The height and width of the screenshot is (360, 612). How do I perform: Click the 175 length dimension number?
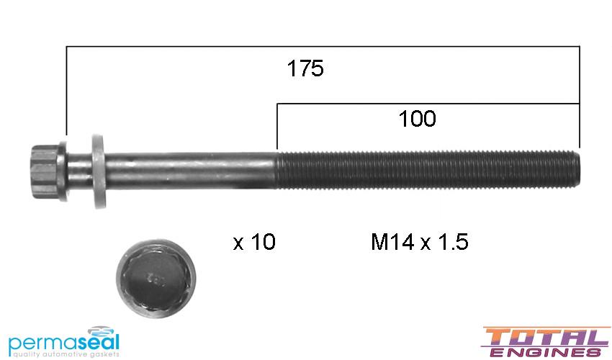[305, 69]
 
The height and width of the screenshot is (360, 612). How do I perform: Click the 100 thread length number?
[418, 119]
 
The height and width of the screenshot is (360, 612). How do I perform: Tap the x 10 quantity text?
[254, 243]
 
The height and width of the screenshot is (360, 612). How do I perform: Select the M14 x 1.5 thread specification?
[419, 243]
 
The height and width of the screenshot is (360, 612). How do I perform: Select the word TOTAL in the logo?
[545, 336]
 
